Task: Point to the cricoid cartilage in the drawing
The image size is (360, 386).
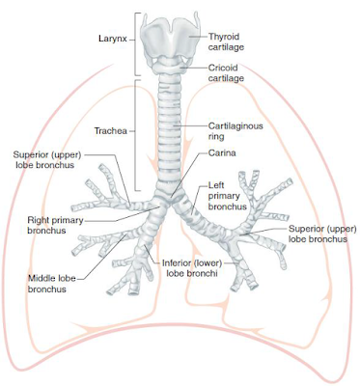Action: tap(174, 67)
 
